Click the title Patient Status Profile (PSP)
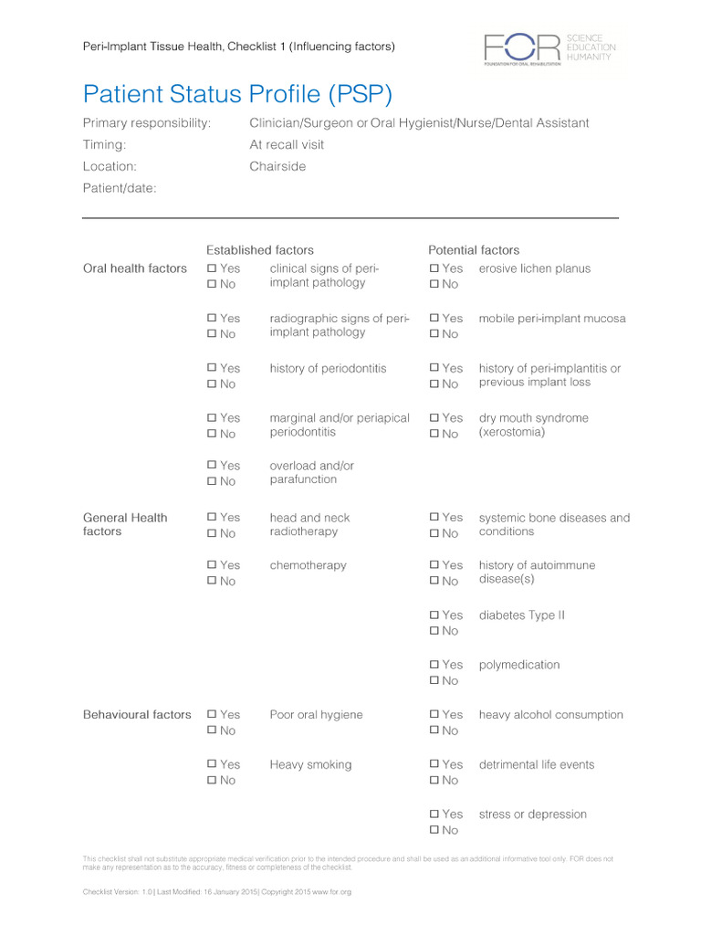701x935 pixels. tap(237, 93)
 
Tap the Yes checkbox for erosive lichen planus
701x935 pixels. tap(434, 268)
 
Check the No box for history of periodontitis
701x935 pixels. tap(212, 384)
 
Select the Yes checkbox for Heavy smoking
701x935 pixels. tap(212, 764)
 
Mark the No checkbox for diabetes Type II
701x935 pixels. tap(434, 631)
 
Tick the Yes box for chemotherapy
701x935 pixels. tap(212, 565)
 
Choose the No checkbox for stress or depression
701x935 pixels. tap(434, 830)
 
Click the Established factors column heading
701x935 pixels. tap(259, 250)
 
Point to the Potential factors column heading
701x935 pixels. tap(474, 250)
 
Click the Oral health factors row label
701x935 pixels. tap(135, 268)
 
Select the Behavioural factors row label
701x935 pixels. tap(137, 715)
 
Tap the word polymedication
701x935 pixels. tap(519, 665)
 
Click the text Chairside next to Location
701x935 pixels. tap(277, 166)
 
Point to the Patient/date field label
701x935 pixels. tap(120, 188)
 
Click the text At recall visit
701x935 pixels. tap(287, 144)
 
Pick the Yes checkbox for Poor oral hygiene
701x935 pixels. tap(212, 715)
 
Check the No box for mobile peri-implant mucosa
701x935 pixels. tap(434, 334)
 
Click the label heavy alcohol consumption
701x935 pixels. tap(550, 715)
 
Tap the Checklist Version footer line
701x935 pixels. tap(216, 891)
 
